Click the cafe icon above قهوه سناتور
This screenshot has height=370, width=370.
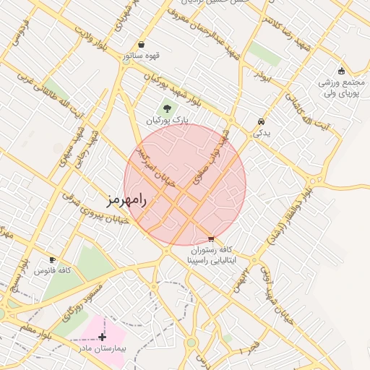click(141, 44)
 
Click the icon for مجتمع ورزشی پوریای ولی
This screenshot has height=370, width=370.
click(341, 70)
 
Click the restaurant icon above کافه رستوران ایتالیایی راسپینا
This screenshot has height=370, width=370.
click(210, 239)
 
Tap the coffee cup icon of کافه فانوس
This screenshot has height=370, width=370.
click(52, 259)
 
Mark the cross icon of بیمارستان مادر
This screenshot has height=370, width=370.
click(102, 336)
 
